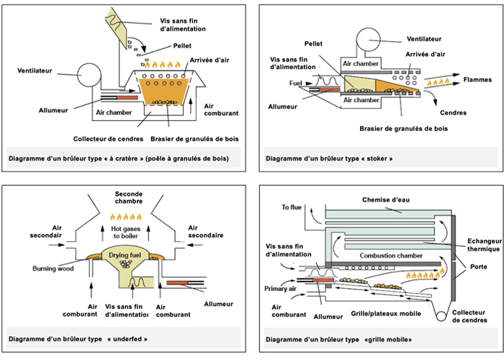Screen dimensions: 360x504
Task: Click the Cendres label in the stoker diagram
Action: [x=452, y=113]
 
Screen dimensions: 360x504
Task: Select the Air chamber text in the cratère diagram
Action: [x=115, y=113]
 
